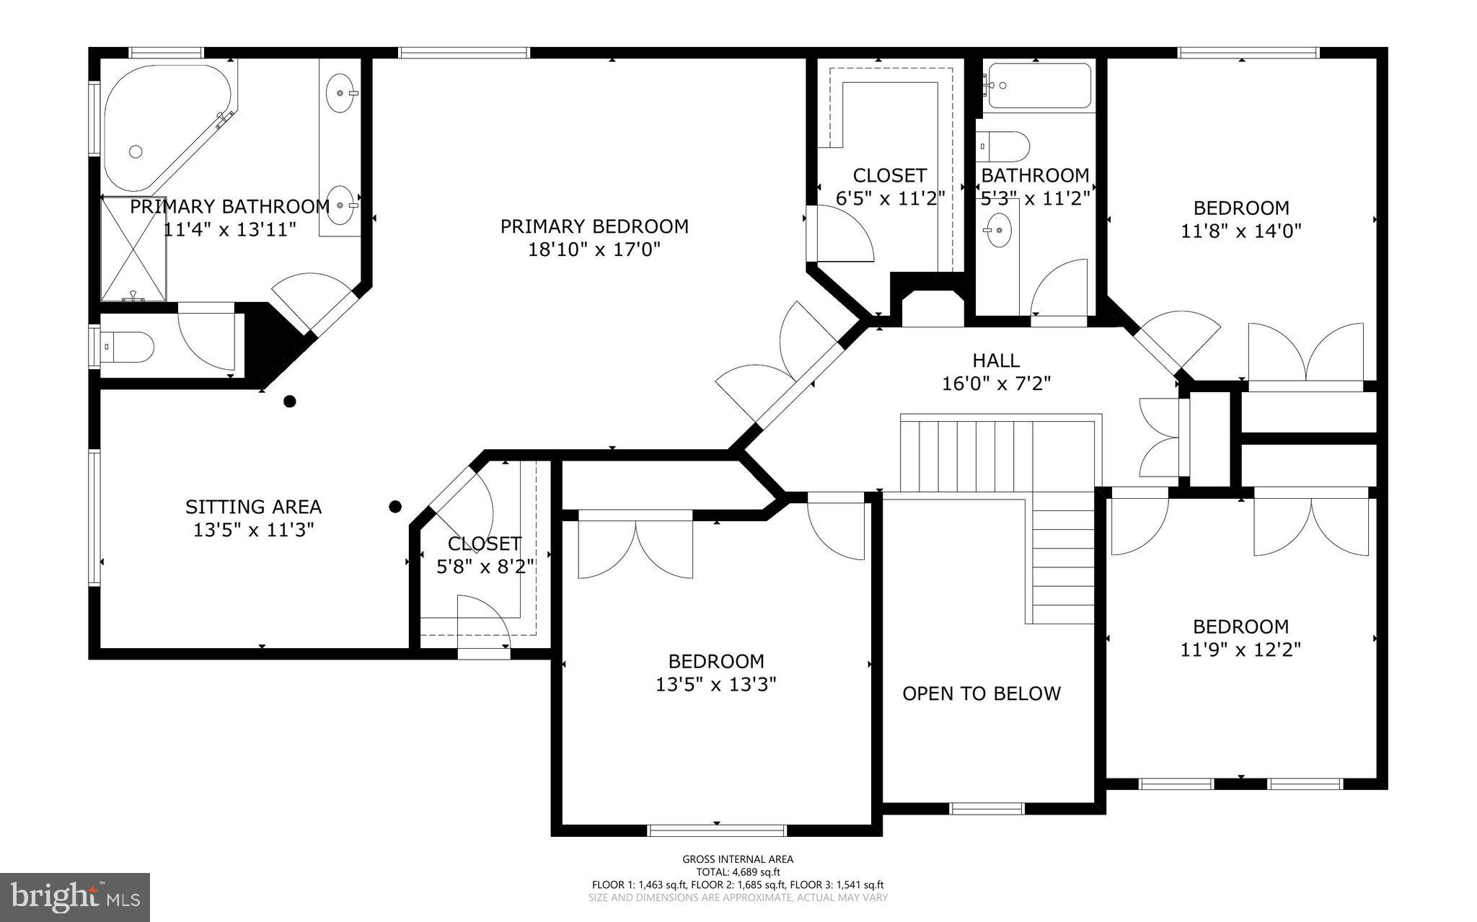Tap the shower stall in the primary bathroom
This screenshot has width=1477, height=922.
133,249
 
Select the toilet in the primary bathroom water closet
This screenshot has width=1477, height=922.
130,347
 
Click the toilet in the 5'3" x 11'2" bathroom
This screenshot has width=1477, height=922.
1004,146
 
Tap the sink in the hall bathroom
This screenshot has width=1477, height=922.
999,231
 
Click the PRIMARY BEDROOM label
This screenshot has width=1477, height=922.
594,226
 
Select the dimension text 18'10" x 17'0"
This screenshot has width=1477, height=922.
594,249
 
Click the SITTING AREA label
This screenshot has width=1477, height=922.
253,507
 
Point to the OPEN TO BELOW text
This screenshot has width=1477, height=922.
982,693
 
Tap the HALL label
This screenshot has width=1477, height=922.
996,360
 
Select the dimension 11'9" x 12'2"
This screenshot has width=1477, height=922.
1240,650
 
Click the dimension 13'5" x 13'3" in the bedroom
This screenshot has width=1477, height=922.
715,684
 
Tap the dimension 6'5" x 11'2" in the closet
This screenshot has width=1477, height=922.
889,198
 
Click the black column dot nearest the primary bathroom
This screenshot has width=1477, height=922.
289,402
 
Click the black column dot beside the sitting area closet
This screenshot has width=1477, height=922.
394,507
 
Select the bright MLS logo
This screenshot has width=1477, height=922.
75,897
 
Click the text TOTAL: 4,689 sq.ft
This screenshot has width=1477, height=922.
738,872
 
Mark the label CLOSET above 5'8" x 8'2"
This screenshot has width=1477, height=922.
484,544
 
